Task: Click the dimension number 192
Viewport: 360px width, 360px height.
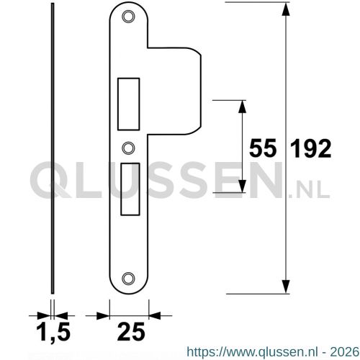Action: coord(311,149)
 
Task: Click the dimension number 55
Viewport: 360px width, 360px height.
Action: coord(263,149)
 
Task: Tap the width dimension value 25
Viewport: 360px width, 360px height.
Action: coord(131,331)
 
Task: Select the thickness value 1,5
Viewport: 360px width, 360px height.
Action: coord(53,332)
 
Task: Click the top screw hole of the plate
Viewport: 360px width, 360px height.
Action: coord(128,17)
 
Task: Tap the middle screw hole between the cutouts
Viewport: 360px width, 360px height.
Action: coord(128,148)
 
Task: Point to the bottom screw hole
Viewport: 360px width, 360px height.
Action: coord(128,279)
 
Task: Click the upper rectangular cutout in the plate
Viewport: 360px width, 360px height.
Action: coord(128,104)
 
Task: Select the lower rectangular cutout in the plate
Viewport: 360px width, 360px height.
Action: coord(130,189)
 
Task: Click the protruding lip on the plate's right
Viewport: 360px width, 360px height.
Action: coord(174,91)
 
